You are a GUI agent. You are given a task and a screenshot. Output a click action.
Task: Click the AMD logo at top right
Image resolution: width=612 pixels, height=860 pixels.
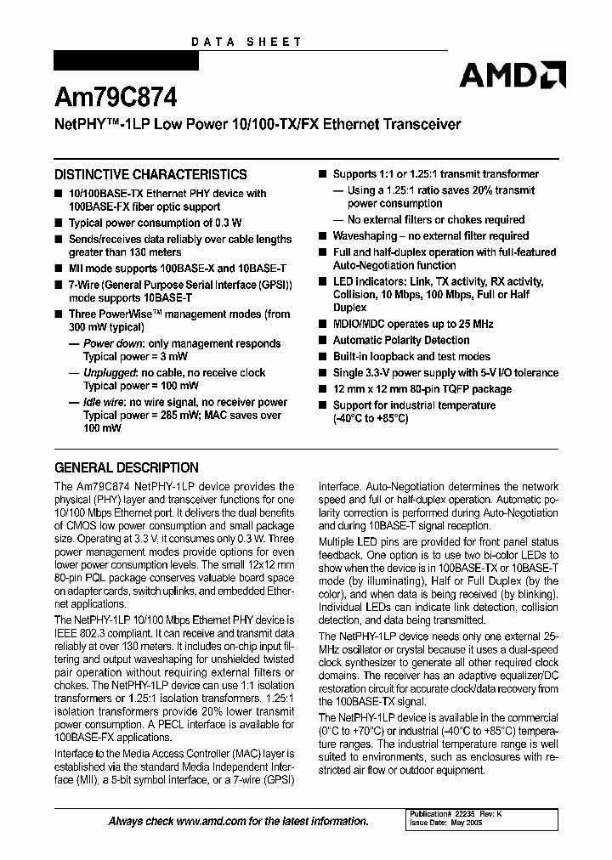point(512,76)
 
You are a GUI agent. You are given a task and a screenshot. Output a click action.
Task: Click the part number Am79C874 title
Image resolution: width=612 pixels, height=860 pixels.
point(116,99)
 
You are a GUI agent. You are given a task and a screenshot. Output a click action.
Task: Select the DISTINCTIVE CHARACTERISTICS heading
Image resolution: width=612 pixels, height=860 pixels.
point(150,175)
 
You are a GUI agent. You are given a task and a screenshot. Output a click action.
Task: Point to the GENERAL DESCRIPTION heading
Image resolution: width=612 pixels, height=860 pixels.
point(127,467)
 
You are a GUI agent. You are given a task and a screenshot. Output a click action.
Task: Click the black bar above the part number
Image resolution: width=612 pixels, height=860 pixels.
point(126,62)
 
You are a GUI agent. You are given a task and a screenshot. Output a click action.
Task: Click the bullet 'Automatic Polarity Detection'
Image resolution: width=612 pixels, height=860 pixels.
point(400,340)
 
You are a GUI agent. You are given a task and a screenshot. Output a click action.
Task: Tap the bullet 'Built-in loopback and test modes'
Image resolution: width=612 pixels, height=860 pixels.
point(411,356)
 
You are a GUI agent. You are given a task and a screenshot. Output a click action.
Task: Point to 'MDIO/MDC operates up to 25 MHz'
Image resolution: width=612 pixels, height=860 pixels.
point(413,324)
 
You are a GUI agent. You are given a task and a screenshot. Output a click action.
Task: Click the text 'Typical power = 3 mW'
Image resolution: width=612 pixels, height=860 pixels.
point(138,357)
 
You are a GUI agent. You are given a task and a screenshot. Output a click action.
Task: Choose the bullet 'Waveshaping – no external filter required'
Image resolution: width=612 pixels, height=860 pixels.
point(430,236)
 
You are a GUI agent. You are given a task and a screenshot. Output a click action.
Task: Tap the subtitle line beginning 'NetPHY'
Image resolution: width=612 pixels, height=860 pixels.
point(258,124)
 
